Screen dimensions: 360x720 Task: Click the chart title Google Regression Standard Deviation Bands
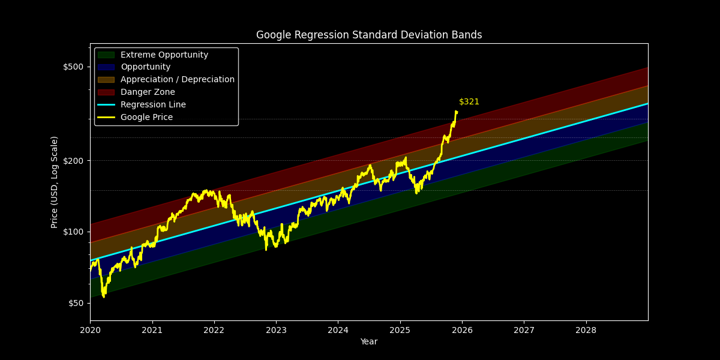[369, 35]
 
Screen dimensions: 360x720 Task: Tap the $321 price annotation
[469, 102]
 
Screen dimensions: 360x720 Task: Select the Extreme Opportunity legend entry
[164, 55]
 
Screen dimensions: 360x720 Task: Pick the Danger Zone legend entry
[148, 92]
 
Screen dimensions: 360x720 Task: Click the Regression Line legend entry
[153, 104]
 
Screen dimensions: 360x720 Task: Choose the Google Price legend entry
[146, 117]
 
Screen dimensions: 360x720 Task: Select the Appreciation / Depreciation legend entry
[177, 79]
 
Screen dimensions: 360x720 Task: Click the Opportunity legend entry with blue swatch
[145, 67]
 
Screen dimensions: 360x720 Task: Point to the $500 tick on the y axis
[73, 67]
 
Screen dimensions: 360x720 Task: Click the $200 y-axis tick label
[73, 161]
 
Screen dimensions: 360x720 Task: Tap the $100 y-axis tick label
[73, 232]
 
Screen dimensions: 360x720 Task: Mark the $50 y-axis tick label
[74, 303]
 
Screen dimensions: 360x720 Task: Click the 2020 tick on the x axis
[90, 330]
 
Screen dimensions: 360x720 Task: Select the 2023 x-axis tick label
[276, 330]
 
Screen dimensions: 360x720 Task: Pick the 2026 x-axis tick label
[462, 330]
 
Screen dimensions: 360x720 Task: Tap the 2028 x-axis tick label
[586, 330]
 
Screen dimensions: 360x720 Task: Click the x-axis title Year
[369, 341]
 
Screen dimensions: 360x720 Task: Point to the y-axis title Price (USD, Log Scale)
[55, 182]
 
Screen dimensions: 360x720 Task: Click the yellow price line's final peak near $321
[456, 111]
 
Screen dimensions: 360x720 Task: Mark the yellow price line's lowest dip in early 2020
[104, 296]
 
